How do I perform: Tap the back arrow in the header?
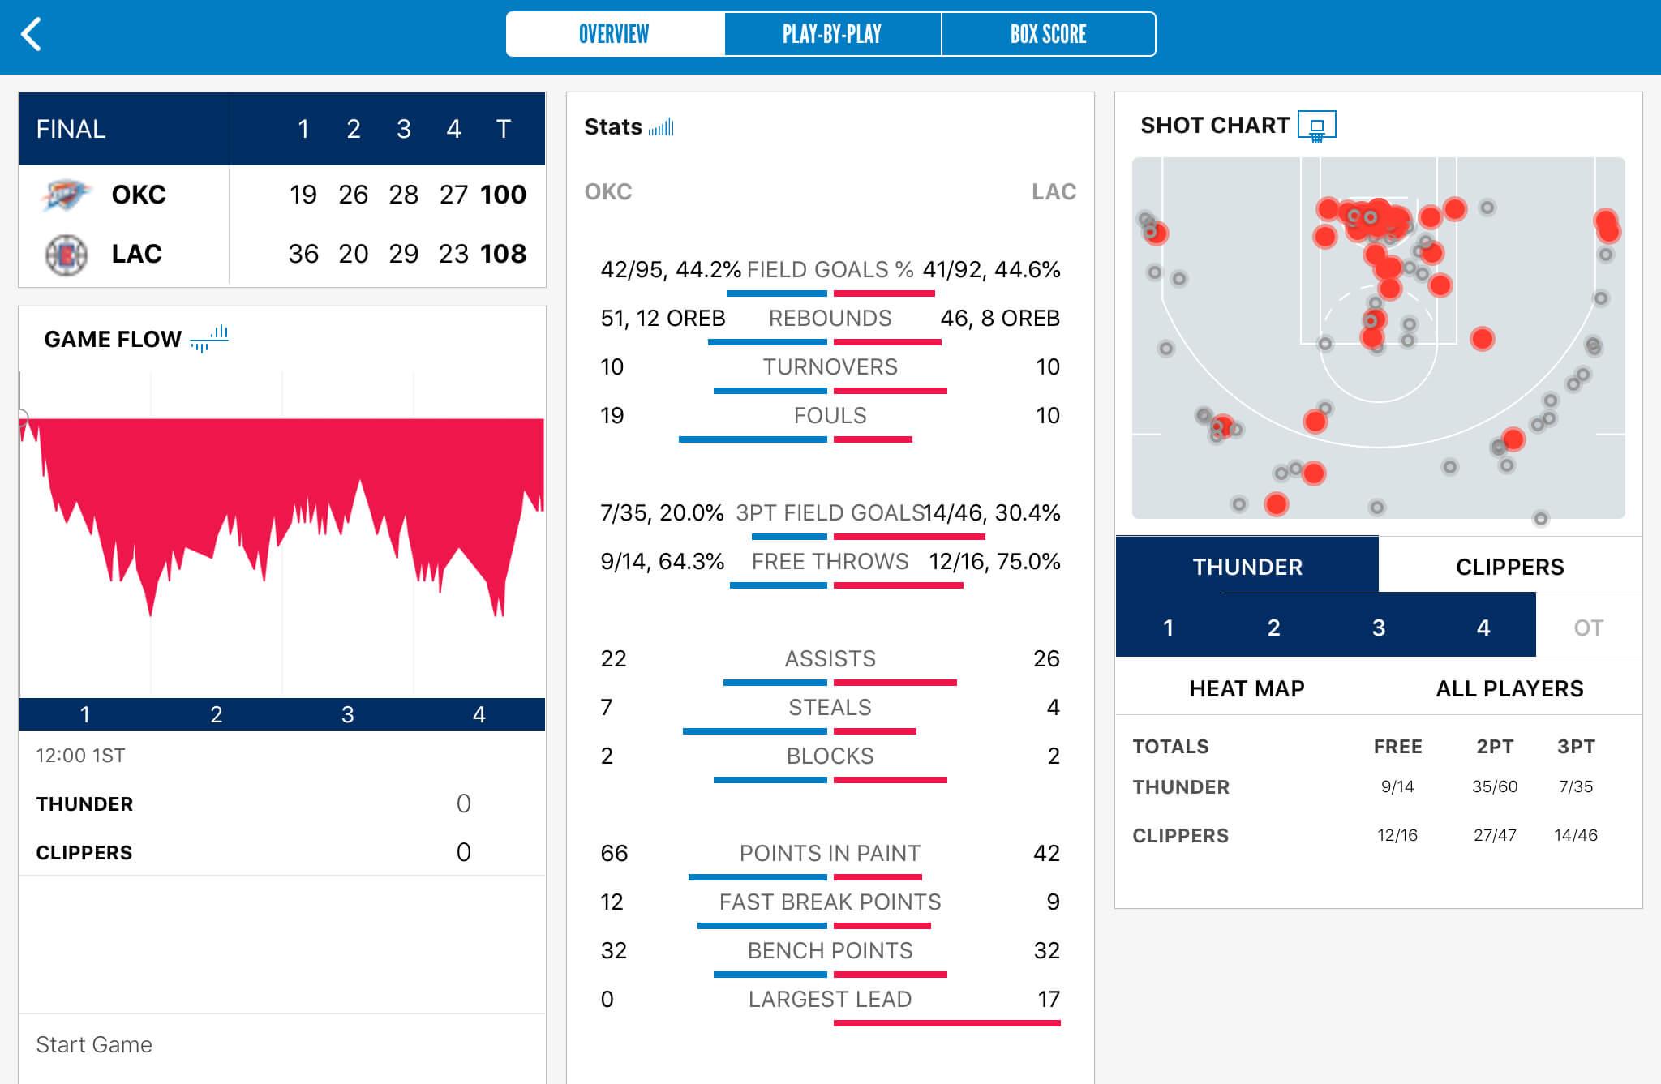tap(31, 35)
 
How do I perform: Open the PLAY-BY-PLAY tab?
tap(832, 34)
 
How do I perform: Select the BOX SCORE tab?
tap(1048, 34)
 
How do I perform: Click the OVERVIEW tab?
tap(614, 34)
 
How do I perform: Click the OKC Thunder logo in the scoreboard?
tap(65, 195)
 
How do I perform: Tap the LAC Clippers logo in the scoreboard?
tap(66, 255)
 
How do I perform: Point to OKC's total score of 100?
tap(503, 195)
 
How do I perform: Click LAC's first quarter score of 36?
tap(303, 254)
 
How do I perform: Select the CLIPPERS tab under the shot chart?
tap(1509, 567)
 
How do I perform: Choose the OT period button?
tap(1588, 628)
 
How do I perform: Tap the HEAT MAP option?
tap(1247, 688)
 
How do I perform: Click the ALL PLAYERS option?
tap(1509, 688)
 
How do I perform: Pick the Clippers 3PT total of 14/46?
tap(1575, 835)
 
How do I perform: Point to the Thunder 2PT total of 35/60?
tap(1494, 786)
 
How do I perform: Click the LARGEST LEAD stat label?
tap(830, 999)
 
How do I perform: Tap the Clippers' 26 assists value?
tap(1046, 658)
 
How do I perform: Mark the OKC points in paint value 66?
tap(614, 853)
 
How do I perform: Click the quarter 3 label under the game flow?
tap(347, 714)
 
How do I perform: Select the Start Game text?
tap(94, 1044)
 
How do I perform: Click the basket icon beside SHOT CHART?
tap(1316, 126)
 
